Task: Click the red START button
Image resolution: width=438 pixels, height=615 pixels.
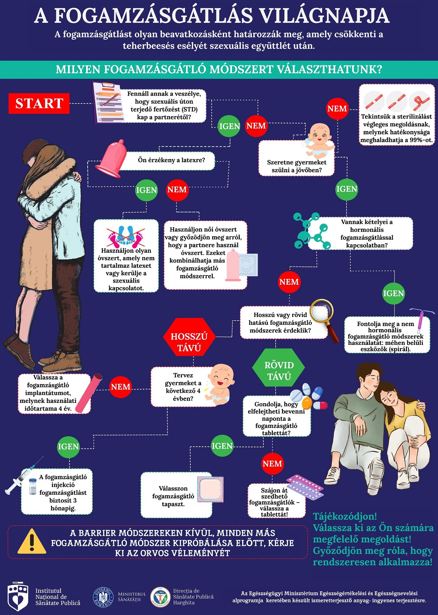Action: coord(39,103)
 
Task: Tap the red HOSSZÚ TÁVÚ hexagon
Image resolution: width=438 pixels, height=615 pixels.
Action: coord(189,337)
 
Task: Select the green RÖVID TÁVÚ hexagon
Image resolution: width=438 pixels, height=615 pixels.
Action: coord(279,367)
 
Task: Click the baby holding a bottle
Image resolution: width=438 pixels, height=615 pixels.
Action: coord(318,139)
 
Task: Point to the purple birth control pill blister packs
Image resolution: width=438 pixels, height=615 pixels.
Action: coord(304,487)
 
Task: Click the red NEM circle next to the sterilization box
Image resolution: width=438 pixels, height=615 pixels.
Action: coord(337,108)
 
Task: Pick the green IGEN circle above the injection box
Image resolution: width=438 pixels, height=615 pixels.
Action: coord(68,447)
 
